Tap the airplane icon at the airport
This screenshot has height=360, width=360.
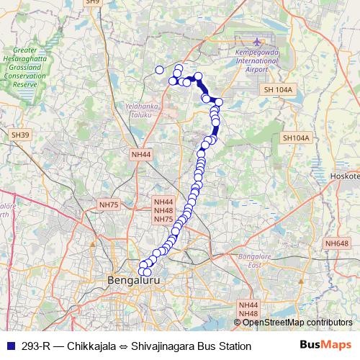tap(257, 43)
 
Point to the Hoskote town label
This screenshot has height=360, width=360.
tap(344, 176)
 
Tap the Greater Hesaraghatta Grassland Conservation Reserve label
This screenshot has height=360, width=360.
tap(25, 68)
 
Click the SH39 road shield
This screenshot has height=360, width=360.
tap(20, 135)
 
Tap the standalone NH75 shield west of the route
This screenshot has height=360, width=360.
tap(109, 204)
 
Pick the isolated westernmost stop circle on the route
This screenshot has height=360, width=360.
tap(160, 70)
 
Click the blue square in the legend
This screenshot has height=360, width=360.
tap(10, 346)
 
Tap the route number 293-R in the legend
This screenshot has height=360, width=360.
tap(35, 346)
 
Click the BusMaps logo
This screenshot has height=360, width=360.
tap(325, 346)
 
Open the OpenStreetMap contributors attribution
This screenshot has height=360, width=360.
tap(297, 322)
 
